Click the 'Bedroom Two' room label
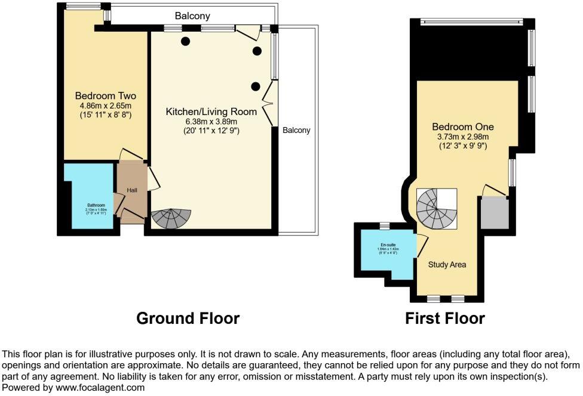[105, 95]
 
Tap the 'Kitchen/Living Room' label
[211, 112]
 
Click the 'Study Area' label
[447, 264]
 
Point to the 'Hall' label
[132, 190]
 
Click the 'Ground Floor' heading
[188, 318]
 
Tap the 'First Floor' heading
[444, 318]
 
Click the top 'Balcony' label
[192, 16]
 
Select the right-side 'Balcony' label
[296, 130]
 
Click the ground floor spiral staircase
[171, 219]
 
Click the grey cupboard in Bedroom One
[495, 213]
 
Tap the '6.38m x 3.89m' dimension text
[211, 122]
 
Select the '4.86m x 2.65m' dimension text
[105, 106]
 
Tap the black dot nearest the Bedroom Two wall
[186, 41]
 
